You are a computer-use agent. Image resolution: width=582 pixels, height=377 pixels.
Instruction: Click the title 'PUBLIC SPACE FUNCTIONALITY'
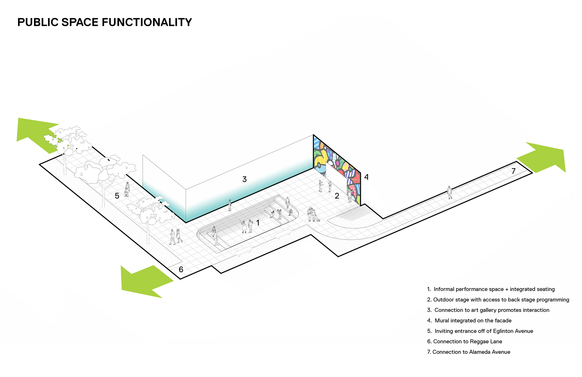(x=105, y=23)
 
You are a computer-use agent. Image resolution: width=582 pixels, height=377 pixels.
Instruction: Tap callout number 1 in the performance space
(x=258, y=223)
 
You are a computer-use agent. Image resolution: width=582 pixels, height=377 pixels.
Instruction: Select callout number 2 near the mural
(x=337, y=196)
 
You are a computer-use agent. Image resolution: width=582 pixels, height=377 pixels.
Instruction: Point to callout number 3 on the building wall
(x=244, y=179)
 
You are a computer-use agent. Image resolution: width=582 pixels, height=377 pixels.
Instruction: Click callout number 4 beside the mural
(x=366, y=177)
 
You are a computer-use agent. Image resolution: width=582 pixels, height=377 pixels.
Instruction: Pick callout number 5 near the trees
(x=117, y=196)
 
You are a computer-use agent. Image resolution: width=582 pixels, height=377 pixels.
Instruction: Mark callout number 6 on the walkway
(x=181, y=270)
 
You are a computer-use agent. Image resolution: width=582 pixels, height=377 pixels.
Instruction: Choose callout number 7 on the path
(x=513, y=171)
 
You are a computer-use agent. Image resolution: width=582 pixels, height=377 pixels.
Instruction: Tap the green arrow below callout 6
(x=144, y=281)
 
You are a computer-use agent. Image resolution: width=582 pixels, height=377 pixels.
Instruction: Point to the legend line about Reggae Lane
(x=465, y=342)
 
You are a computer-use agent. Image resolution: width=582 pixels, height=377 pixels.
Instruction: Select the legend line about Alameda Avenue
(x=469, y=352)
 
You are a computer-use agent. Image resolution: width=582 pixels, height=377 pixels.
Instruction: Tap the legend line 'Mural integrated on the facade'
(x=469, y=321)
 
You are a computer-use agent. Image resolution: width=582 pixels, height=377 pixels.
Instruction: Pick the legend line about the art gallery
(x=488, y=310)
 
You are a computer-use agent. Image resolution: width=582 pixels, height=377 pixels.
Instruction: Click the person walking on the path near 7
(x=450, y=192)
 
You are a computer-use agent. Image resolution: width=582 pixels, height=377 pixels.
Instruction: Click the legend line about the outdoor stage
(x=498, y=300)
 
